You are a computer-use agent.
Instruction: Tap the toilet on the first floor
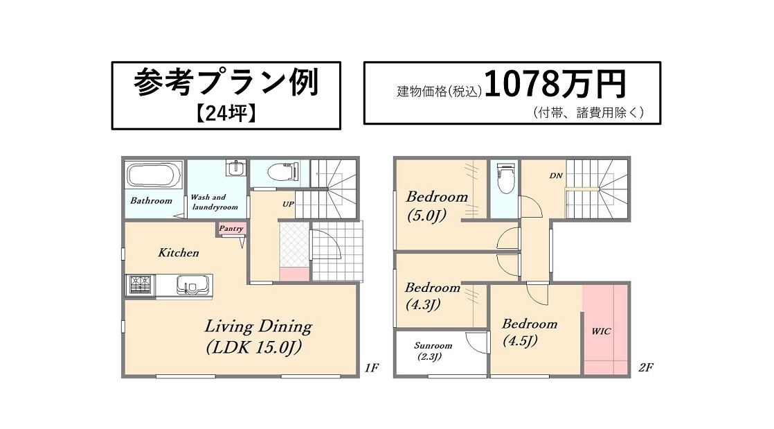pyautogui.click(x=282, y=173)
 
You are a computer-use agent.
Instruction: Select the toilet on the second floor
pyautogui.click(x=505, y=178)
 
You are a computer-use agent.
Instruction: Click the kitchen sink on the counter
pyautogui.click(x=194, y=286)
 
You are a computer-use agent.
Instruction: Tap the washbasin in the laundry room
pyautogui.click(x=236, y=168)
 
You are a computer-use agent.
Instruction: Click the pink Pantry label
pyautogui.click(x=231, y=229)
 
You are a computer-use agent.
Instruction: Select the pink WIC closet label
pyautogui.click(x=601, y=332)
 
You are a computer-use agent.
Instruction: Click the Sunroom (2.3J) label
pyautogui.click(x=433, y=351)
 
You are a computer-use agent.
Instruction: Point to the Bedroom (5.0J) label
pyautogui.click(x=436, y=206)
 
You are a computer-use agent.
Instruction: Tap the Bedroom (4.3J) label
pyautogui.click(x=432, y=295)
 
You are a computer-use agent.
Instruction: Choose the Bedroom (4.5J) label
pyautogui.click(x=529, y=332)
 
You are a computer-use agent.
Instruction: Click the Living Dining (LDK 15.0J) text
pyautogui.click(x=258, y=337)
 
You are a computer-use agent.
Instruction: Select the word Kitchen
pyautogui.click(x=178, y=252)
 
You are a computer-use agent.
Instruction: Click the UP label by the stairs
pyautogui.click(x=288, y=204)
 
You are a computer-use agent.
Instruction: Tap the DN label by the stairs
pyautogui.click(x=556, y=175)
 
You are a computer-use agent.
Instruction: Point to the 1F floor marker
pyautogui.click(x=372, y=368)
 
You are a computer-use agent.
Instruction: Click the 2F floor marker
pyautogui.click(x=646, y=367)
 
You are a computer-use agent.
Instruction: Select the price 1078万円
pyautogui.click(x=555, y=84)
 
